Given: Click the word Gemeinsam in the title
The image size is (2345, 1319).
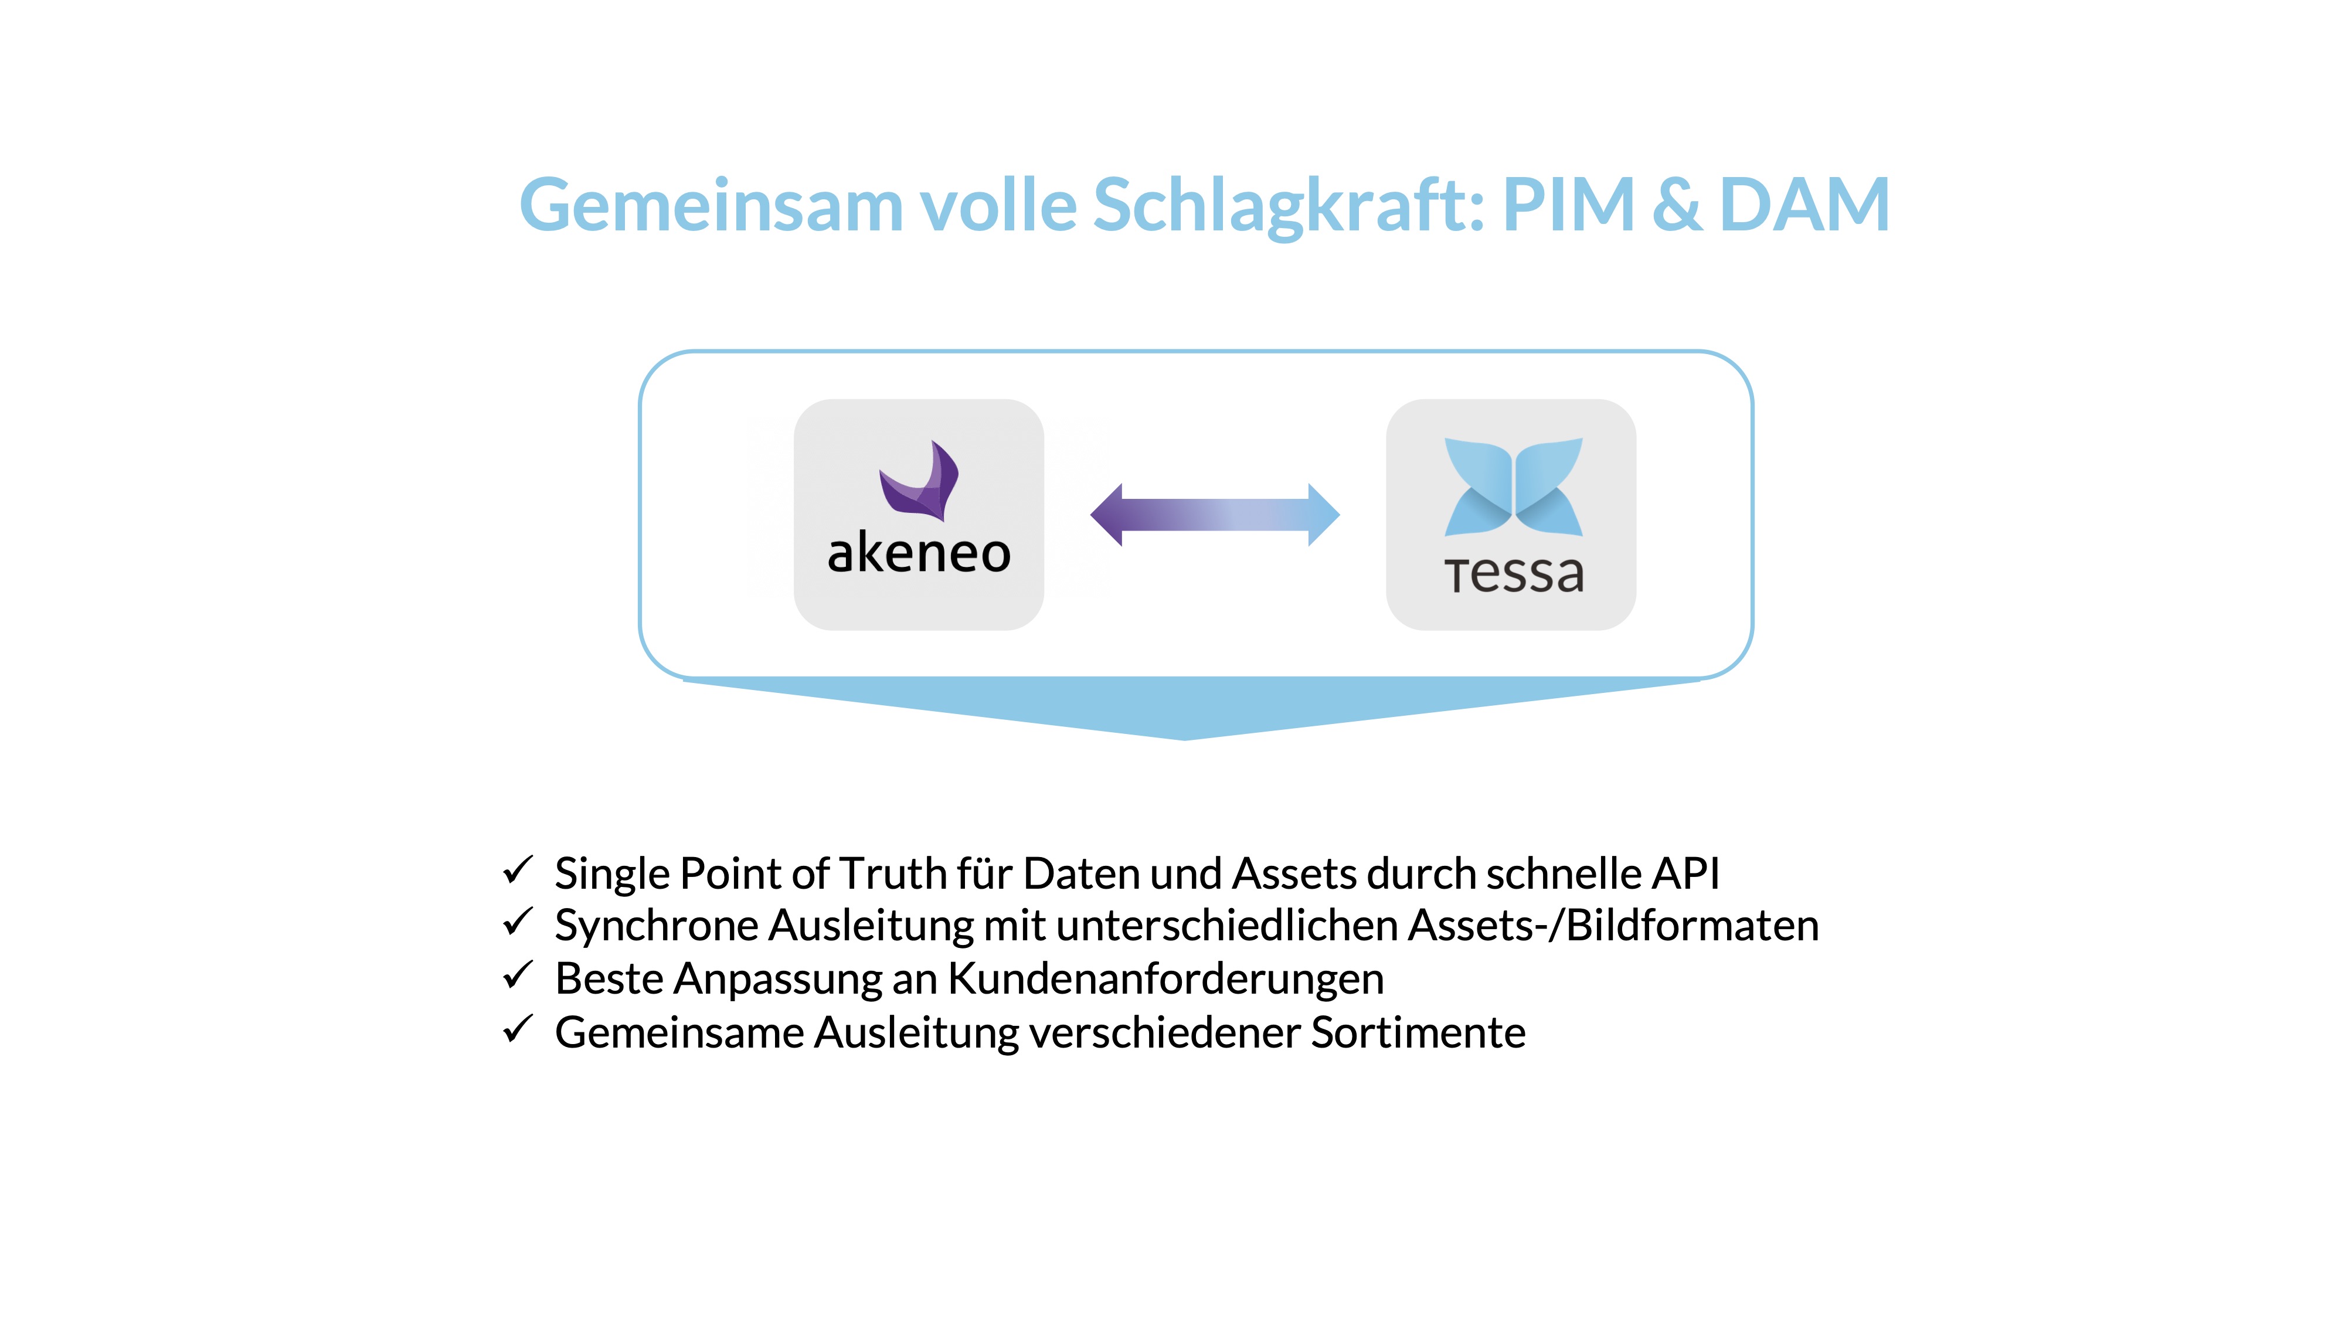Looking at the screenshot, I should pyautogui.click(x=710, y=206).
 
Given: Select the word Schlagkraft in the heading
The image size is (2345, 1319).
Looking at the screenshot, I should pyautogui.click(x=1288, y=206).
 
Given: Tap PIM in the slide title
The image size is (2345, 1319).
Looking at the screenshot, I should pyautogui.click(x=1568, y=206).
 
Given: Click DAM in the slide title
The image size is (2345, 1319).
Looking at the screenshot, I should pyautogui.click(x=1804, y=206).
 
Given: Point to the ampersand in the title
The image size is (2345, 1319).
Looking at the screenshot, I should pyautogui.click(x=1677, y=206).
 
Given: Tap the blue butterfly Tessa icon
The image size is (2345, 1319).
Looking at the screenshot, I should pyautogui.click(x=1513, y=487).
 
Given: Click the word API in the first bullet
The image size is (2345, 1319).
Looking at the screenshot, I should pyautogui.click(x=1685, y=874).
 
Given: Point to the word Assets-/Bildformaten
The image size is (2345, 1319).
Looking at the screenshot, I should pyautogui.click(x=1613, y=926).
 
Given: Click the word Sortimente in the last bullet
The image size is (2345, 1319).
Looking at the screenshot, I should pyautogui.click(x=1418, y=1033).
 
